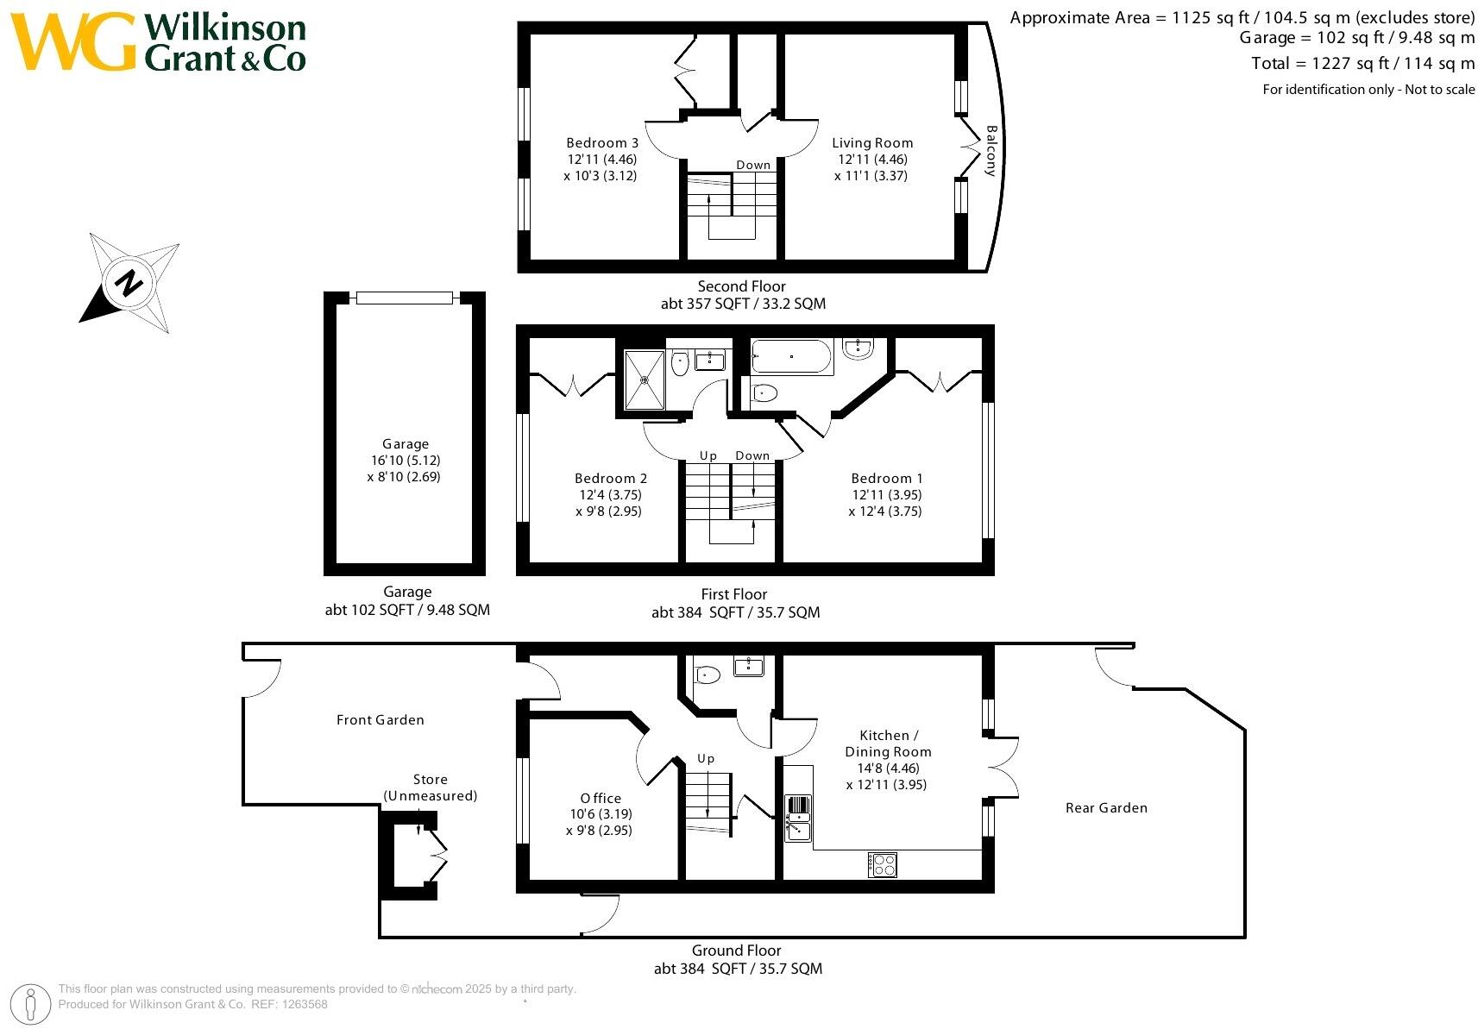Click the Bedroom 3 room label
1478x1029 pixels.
[x=601, y=143]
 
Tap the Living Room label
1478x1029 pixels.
[x=872, y=143]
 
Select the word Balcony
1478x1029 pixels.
[x=991, y=151]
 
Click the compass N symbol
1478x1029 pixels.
[x=129, y=283]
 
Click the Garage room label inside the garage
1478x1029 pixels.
[x=406, y=444]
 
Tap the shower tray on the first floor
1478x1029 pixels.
[x=645, y=380]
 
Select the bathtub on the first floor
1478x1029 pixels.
[x=792, y=356]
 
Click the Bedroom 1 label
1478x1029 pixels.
[x=886, y=478]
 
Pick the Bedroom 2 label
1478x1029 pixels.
[x=610, y=478]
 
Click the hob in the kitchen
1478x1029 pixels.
[x=882, y=865]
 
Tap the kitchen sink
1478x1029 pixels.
[x=798, y=819]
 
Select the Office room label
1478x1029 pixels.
[x=601, y=798]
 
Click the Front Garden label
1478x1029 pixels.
[x=380, y=719]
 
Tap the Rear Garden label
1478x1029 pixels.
[x=1106, y=807]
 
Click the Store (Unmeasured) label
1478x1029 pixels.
[x=431, y=787]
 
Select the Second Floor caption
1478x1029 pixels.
[x=742, y=286]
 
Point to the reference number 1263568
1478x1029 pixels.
[x=305, y=1004]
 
